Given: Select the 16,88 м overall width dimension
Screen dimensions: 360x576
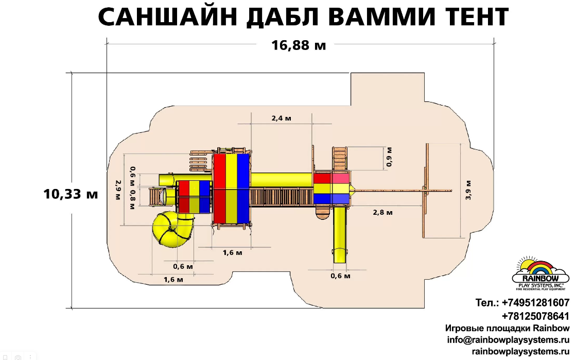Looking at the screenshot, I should click(299, 45).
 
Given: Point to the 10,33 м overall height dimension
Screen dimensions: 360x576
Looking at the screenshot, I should click(71, 194).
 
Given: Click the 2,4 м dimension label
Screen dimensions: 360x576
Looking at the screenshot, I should click(282, 118).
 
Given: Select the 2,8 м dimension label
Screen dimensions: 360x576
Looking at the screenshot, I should click(382, 212).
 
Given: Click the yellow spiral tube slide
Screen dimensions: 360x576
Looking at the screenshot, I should click(172, 231).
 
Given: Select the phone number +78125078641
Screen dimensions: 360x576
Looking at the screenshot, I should click(535, 316).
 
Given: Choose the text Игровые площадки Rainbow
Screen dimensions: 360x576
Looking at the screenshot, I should click(507, 328).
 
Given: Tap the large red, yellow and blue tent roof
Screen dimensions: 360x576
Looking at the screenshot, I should click(231, 188).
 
